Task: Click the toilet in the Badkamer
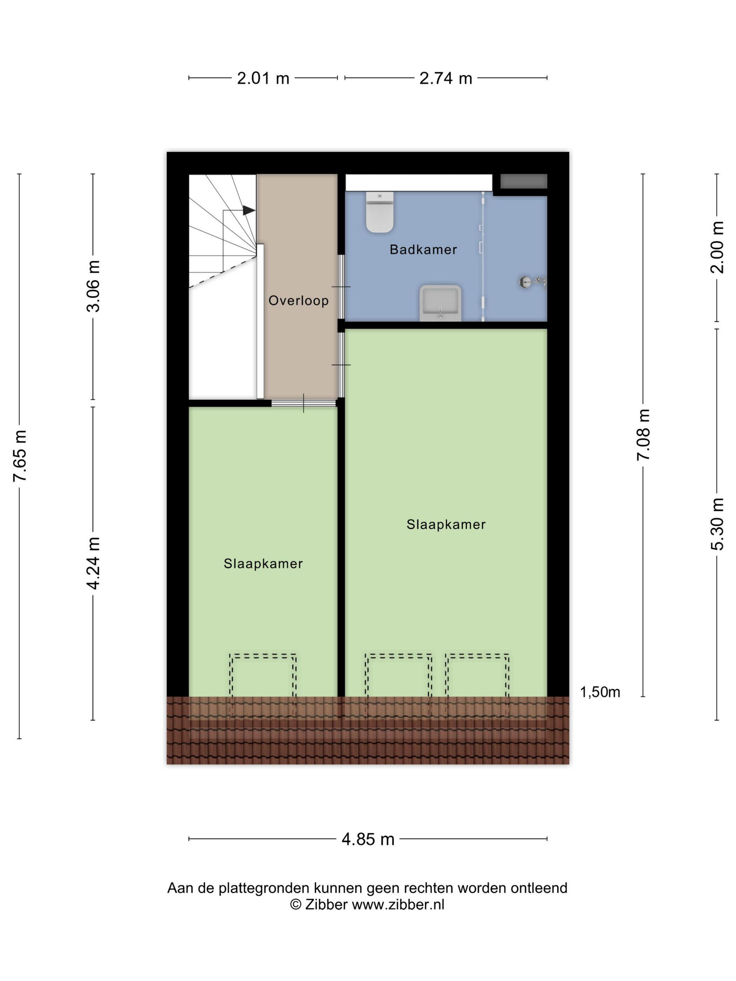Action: [x=380, y=212]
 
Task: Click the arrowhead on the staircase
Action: [x=249, y=210]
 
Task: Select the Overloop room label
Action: [x=299, y=301]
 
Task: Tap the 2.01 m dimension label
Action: [x=263, y=78]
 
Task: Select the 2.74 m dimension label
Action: [x=445, y=78]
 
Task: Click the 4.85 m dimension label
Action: [x=368, y=839]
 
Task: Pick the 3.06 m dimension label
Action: [x=94, y=286]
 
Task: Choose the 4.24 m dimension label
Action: [x=94, y=563]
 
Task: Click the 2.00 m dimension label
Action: [x=717, y=247]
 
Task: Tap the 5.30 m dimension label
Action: [x=717, y=524]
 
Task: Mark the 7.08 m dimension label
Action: [x=643, y=435]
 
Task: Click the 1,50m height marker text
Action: [x=600, y=692]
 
